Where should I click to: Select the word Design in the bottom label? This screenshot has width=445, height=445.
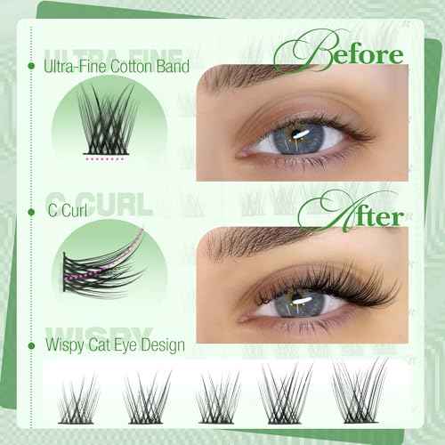click(163, 344)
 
